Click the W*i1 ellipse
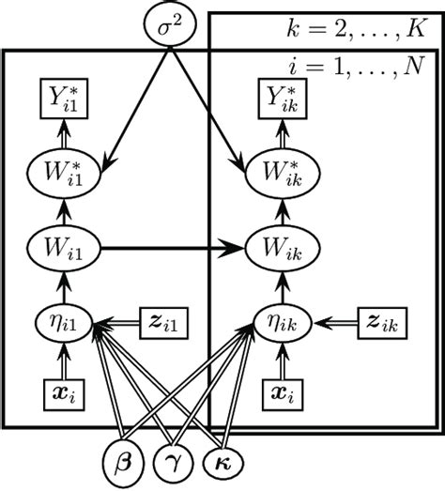point(63,172)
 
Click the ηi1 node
point(63,324)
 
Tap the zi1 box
point(166,324)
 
